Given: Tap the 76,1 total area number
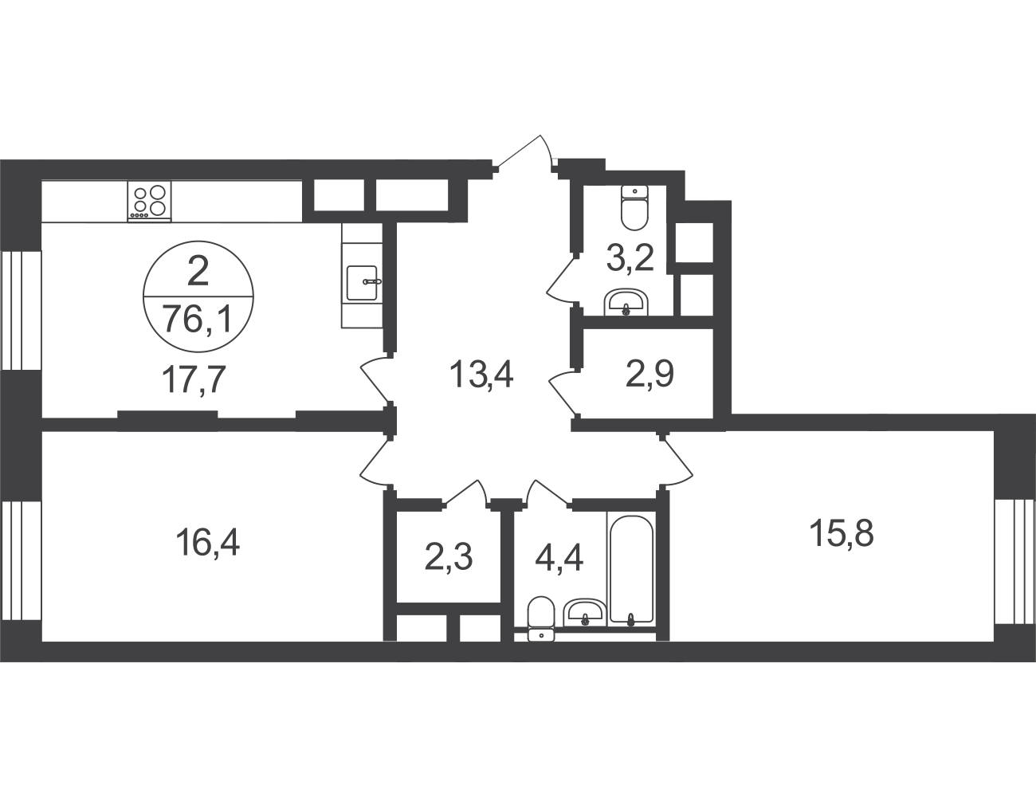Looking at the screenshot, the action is coord(198,319).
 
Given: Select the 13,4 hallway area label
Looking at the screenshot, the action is coord(481,374).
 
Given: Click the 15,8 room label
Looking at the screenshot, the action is coord(842,533).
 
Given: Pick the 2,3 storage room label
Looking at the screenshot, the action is coord(448,557).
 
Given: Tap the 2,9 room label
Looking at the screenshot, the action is coord(649,374).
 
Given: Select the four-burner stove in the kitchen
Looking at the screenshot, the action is coord(149,201).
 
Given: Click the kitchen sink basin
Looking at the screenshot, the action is coord(362,283).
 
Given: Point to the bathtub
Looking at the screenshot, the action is coord(631,567).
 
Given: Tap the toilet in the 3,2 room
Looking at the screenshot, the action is coord(634,208).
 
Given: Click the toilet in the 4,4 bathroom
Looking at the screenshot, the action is coord(541,618).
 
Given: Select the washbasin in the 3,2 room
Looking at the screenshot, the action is coord(626,302).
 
